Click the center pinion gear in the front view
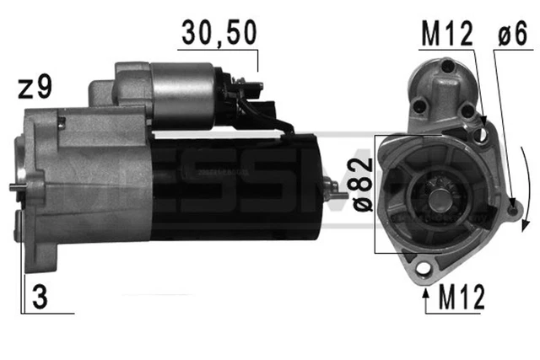click(440, 200)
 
